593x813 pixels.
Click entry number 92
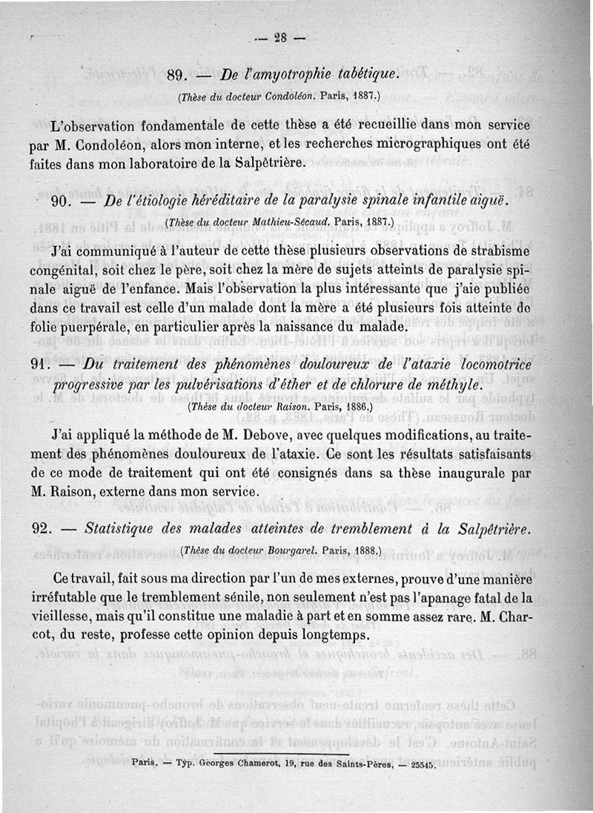(46, 529)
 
